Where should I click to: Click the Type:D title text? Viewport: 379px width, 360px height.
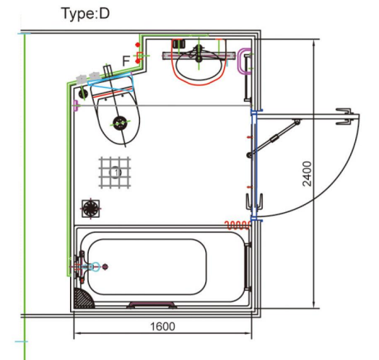coord(86,14)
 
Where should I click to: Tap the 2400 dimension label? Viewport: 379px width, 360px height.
coord(307,174)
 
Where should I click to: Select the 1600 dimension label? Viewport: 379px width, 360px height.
coord(162,327)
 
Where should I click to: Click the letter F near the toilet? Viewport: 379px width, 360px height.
coord(126,61)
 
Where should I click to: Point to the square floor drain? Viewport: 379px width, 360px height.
coord(91,208)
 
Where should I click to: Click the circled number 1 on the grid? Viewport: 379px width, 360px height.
coord(116,172)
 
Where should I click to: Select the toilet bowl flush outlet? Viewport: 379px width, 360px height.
coord(120,123)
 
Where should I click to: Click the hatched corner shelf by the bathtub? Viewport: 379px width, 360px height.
coord(83,299)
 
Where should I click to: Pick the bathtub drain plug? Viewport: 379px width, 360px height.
coord(105,267)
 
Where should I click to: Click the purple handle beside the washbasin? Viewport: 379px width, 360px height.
coord(243,61)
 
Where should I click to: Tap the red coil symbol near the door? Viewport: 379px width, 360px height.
coord(238,225)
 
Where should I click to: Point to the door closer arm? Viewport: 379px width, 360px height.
coord(274,139)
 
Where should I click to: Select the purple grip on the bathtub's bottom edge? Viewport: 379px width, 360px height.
coord(152,304)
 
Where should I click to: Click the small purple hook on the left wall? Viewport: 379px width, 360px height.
coord(76,105)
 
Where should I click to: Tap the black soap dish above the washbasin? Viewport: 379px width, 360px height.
coord(179,44)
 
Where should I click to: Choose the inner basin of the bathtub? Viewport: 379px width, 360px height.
coord(147,267)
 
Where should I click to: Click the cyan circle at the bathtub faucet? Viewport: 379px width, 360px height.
coord(95,266)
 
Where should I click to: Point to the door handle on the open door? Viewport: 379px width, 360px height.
coord(344,116)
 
